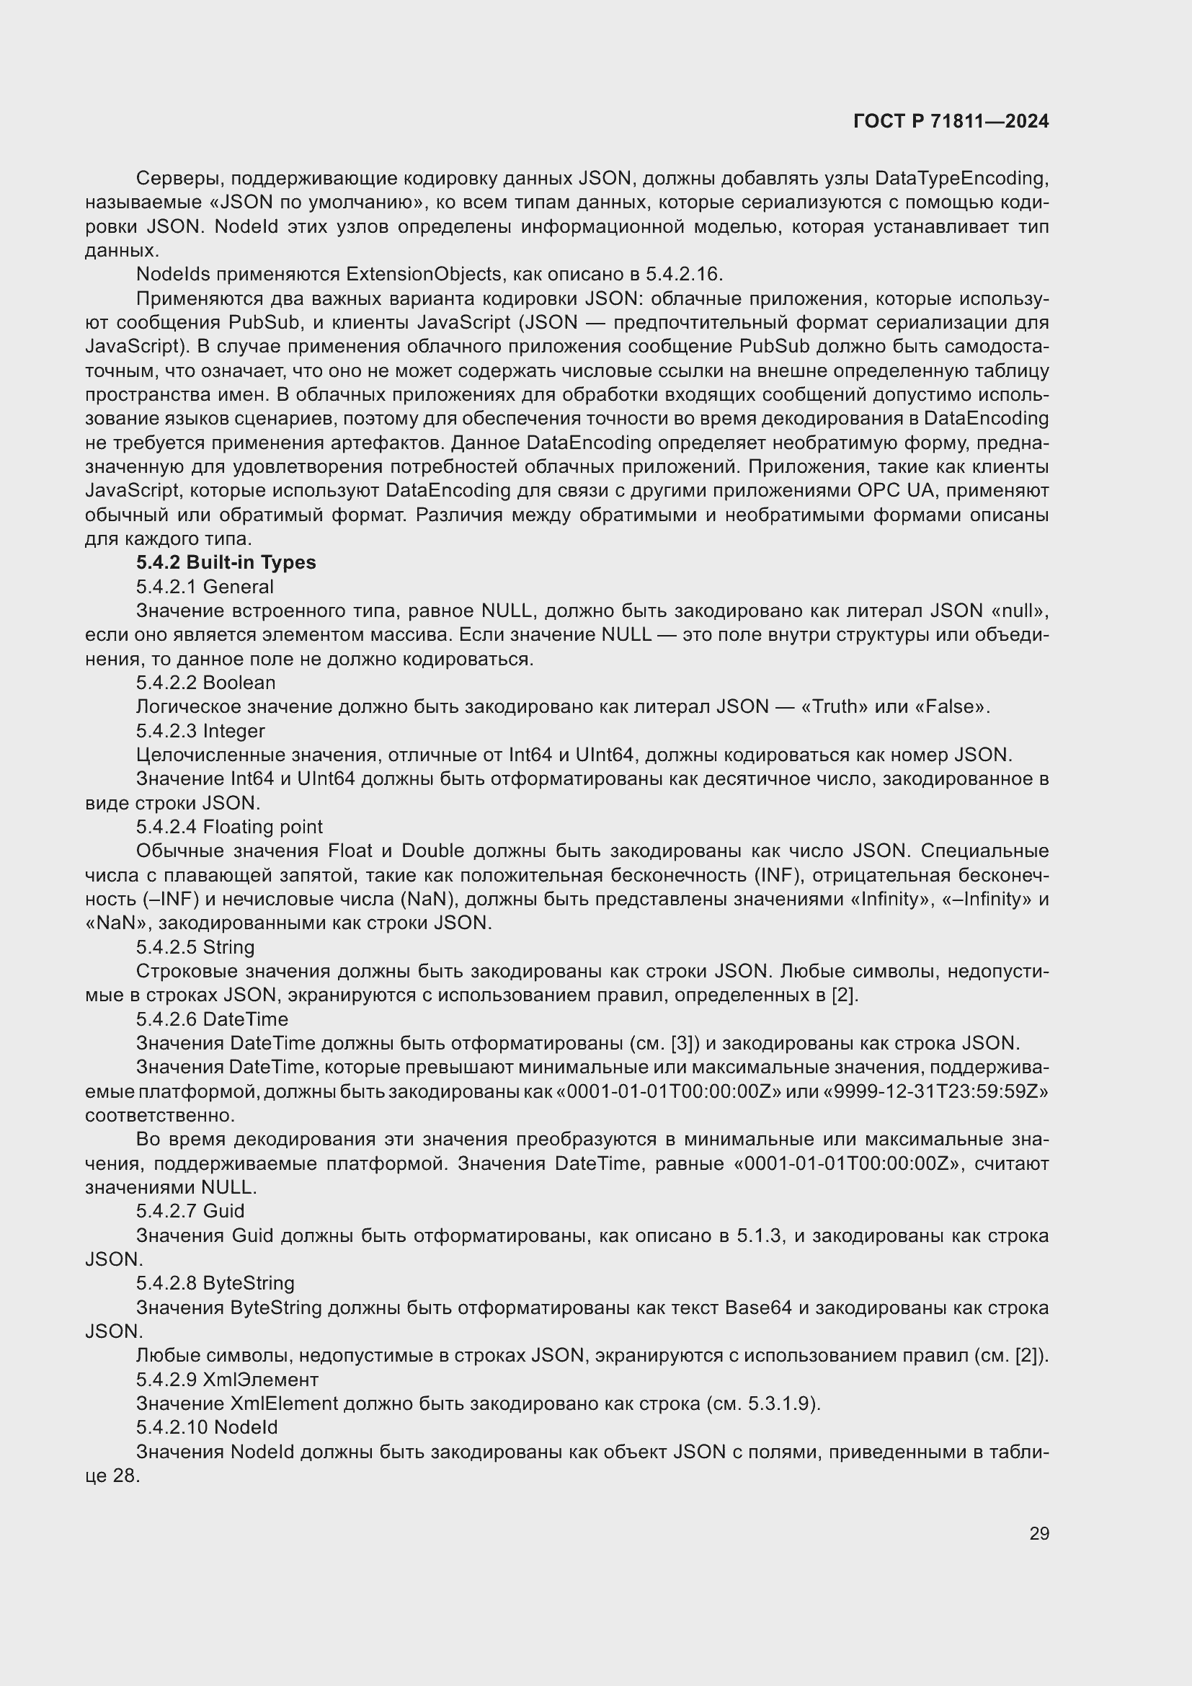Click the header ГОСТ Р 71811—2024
[x=951, y=121]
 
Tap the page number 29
[x=1038, y=1533]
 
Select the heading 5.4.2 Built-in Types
[x=226, y=562]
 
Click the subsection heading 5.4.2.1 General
[x=204, y=587]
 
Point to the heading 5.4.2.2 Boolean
[x=205, y=683]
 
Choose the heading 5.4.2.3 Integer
[x=200, y=731]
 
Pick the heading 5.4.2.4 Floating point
[x=229, y=827]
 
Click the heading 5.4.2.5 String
[x=195, y=947]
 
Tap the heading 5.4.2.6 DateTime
[x=211, y=1019]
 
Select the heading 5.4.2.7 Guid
[x=190, y=1211]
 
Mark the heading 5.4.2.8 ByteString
[x=215, y=1283]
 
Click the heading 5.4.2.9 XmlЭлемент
[x=227, y=1379]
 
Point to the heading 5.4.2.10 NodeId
[x=206, y=1427]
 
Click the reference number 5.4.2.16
[x=683, y=275]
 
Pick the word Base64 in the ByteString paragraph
[x=758, y=1308]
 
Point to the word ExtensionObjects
[x=424, y=275]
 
